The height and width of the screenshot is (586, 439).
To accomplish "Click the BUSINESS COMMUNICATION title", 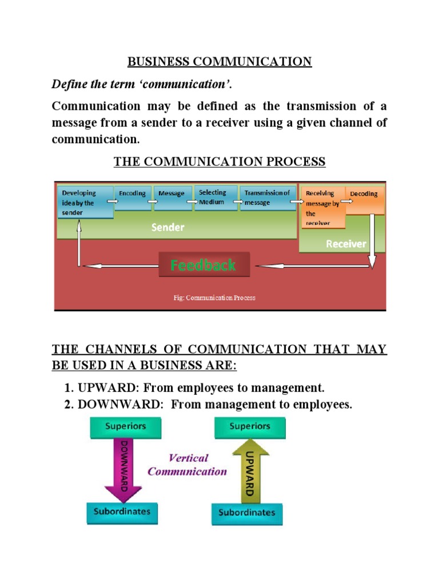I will click(x=219, y=62).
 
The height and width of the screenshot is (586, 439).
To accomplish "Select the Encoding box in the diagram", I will click(x=133, y=195).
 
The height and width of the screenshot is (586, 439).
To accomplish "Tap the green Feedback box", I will click(x=204, y=265).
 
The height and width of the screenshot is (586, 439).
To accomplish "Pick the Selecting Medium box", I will click(x=213, y=197).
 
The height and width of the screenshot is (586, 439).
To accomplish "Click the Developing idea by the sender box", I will click(x=83, y=203).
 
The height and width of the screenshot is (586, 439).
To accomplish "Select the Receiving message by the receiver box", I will click(x=322, y=207).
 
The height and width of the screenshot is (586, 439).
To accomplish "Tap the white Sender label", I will click(x=167, y=227).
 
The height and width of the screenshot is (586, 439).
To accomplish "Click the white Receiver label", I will click(x=346, y=244).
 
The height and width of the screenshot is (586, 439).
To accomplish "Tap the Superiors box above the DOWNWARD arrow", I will click(x=125, y=426).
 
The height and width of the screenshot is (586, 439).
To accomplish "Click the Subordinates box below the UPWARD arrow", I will click(x=247, y=512).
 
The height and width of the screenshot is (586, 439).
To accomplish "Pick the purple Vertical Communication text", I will click(x=187, y=465).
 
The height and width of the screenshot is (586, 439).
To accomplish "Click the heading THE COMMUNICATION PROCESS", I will click(x=219, y=162).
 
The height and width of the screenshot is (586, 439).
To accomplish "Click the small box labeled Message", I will click(x=171, y=193).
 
